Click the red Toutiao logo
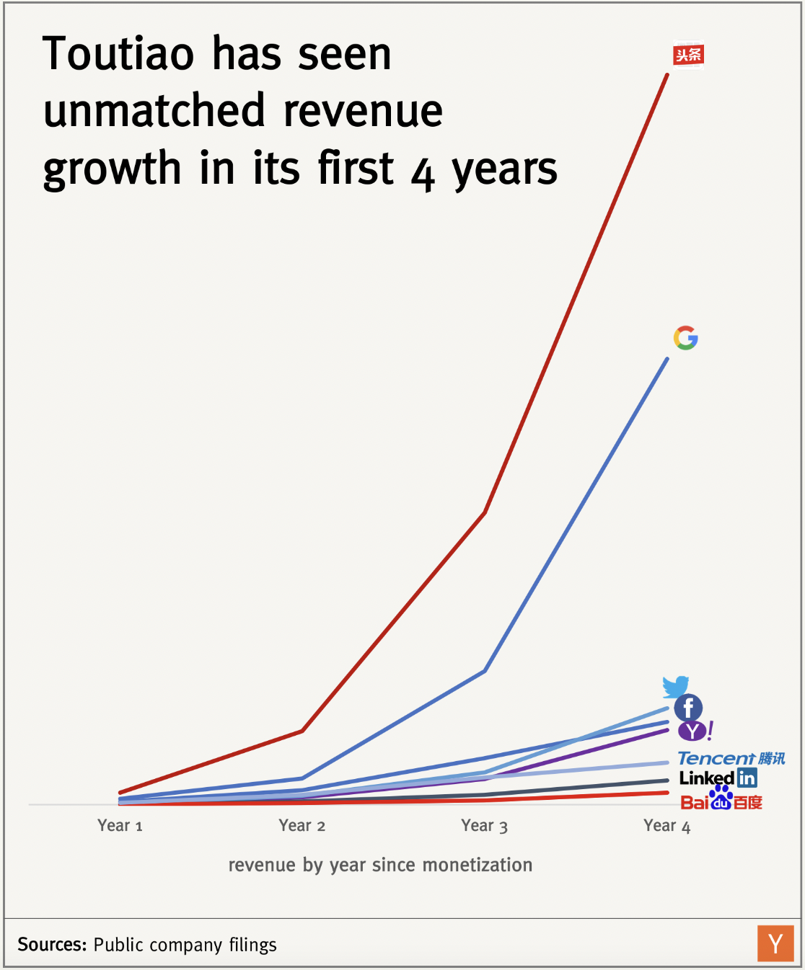(688, 55)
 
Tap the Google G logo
(685, 338)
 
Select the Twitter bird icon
(676, 687)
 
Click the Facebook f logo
(688, 708)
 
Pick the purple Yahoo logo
(695, 731)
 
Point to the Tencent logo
(731, 758)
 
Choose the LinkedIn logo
(718, 778)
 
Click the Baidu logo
(721, 800)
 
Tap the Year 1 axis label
(120, 826)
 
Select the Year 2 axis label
(302, 826)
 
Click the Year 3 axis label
(484, 826)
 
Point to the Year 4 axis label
(667, 826)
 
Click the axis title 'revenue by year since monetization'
(380, 865)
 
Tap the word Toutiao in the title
(118, 54)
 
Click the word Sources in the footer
(52, 944)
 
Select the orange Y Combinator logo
(775, 943)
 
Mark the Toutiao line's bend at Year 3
(485, 513)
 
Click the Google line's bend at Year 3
(485, 671)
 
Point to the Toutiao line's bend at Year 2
(302, 731)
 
